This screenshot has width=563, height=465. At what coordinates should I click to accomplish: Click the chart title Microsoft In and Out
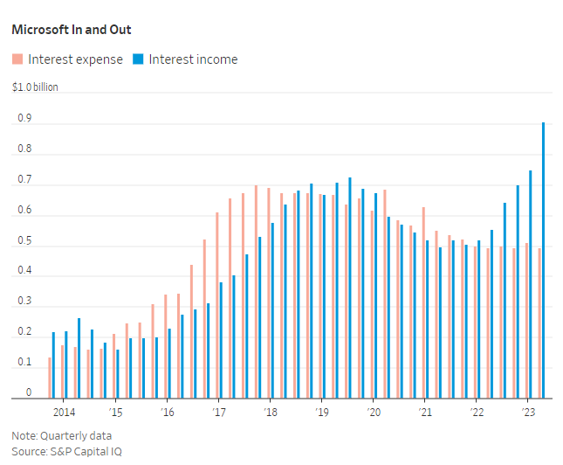[x=72, y=30]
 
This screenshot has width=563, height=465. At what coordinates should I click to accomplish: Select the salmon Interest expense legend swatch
[x=17, y=59]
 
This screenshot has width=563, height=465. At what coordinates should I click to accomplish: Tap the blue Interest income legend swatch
[x=138, y=59]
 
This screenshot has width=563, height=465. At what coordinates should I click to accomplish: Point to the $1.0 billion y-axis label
[x=34, y=87]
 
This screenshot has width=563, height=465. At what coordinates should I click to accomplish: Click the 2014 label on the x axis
[x=64, y=413]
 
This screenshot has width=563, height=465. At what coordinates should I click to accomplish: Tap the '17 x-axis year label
[x=218, y=413]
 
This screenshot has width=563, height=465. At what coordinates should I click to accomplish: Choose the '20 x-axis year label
[x=373, y=413]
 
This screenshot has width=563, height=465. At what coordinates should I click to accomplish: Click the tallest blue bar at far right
[x=544, y=260]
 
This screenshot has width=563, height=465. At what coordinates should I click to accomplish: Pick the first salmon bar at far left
[x=49, y=378]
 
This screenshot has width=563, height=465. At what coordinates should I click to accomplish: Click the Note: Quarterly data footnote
[x=61, y=435]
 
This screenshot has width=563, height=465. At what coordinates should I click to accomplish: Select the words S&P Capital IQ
[x=85, y=451]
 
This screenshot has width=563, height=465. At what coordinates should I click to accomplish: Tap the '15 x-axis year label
[x=115, y=413]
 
